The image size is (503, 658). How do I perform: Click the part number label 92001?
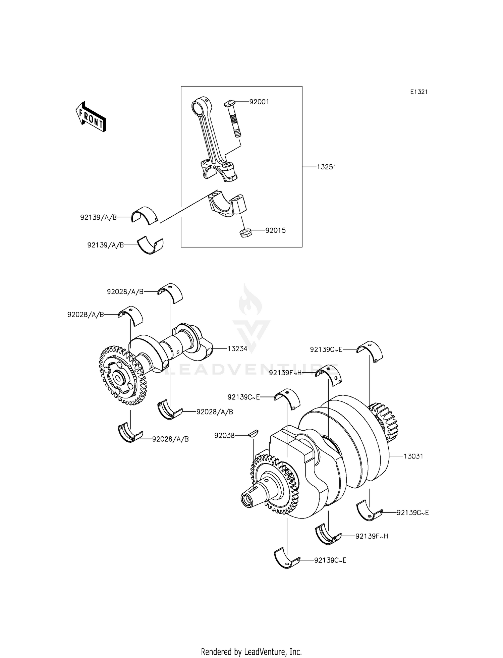point(259,102)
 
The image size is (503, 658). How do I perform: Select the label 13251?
point(326,167)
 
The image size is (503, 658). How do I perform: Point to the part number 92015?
point(275,231)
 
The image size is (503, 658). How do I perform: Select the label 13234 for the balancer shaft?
point(237,349)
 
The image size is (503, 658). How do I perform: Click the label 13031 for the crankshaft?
point(413,456)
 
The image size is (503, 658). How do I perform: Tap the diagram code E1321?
point(419,92)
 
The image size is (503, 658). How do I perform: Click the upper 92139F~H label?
point(285,373)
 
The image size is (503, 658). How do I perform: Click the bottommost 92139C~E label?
point(330,560)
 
